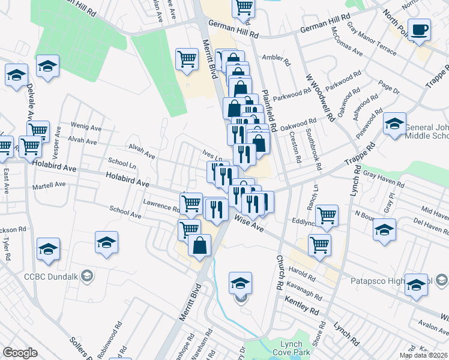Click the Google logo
[20, 353]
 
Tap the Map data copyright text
[423, 355]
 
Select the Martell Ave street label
[50, 185]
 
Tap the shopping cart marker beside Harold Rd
[319, 245]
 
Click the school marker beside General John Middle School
[394, 124]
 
